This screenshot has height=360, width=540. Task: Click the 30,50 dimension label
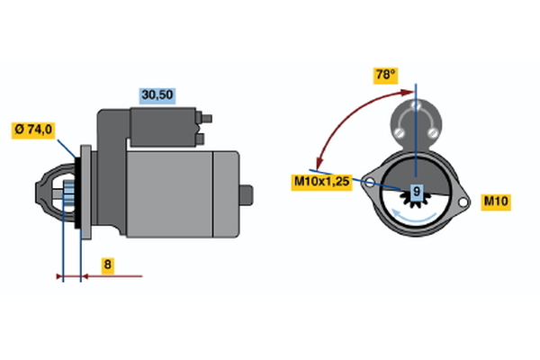coord(157,95)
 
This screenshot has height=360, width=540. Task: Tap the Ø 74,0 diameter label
coord(33,130)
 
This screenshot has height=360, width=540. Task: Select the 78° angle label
coord(386,76)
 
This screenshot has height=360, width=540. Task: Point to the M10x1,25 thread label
coord(321,182)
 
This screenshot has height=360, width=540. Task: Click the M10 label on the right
coord(496,202)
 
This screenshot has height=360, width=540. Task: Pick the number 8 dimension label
coord(108,265)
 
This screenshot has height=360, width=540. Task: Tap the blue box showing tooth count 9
coord(417,191)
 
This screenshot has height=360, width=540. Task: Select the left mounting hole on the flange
coord(369,183)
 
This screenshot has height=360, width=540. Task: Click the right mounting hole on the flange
coord(463,202)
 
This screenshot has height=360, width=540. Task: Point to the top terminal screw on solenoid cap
coord(416,105)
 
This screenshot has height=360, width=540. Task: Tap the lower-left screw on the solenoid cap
coord(400,132)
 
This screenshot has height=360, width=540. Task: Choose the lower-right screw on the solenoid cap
coord(432,132)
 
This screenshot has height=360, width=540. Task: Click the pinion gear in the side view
coord(69,194)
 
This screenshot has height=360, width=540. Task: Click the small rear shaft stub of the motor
coord(247,195)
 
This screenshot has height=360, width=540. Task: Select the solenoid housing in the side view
coord(163,127)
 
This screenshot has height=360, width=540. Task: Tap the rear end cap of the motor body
coord(226,194)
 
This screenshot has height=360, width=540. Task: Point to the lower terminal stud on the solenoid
coord(200,139)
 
